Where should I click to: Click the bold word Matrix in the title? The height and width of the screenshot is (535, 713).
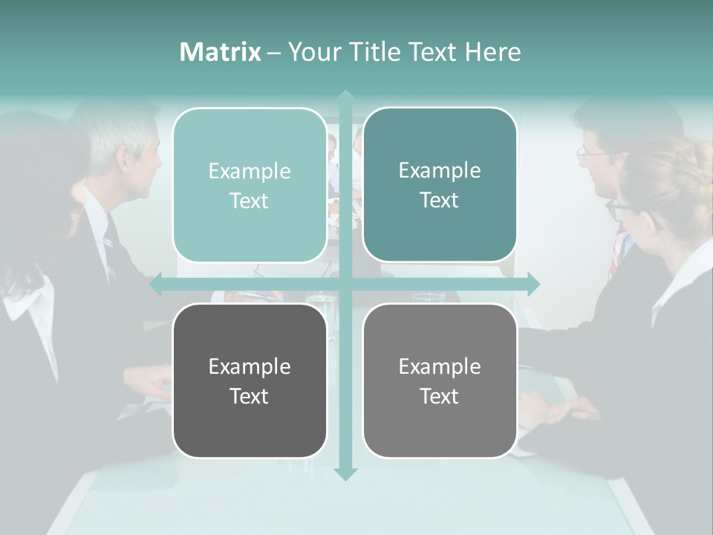point(221,51)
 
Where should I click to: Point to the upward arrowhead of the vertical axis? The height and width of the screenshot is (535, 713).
point(345,96)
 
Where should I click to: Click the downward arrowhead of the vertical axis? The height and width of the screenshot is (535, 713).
point(345,473)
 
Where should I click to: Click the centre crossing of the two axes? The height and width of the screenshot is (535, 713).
point(345,284)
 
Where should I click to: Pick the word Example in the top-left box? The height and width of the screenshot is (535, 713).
point(250,172)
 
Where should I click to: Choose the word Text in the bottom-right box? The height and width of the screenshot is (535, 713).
point(440,396)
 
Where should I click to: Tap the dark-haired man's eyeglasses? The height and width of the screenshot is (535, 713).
point(592,153)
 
